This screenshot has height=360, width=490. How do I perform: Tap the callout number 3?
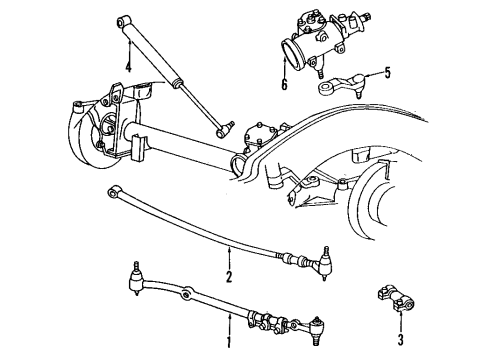coord(400,326)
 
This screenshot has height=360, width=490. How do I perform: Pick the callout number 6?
coord(284,83)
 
